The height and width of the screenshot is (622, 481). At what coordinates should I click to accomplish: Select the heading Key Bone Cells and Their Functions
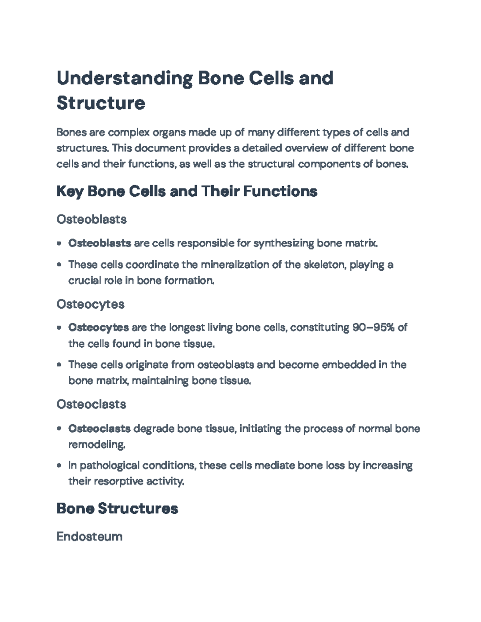pyautogui.click(x=187, y=191)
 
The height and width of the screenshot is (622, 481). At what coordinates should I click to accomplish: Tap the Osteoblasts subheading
pyautogui.click(x=91, y=219)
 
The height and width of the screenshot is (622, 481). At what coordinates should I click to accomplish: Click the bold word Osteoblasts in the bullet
pyautogui.click(x=99, y=243)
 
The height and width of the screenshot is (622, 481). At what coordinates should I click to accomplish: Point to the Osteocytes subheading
pyautogui.click(x=90, y=304)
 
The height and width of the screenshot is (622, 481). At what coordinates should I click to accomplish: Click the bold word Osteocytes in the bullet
pyautogui.click(x=99, y=328)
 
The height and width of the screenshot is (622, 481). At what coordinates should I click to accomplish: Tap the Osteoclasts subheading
pyautogui.click(x=91, y=404)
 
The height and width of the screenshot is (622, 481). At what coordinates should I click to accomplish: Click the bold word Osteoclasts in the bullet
pyautogui.click(x=99, y=429)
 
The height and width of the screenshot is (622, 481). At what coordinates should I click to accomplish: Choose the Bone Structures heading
pyautogui.click(x=117, y=509)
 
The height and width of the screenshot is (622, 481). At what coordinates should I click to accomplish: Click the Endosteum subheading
pyautogui.click(x=89, y=536)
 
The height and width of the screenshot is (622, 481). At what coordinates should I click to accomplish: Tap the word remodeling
pyautogui.click(x=97, y=445)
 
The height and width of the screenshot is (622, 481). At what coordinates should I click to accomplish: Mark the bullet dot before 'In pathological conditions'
pyautogui.click(x=59, y=466)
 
